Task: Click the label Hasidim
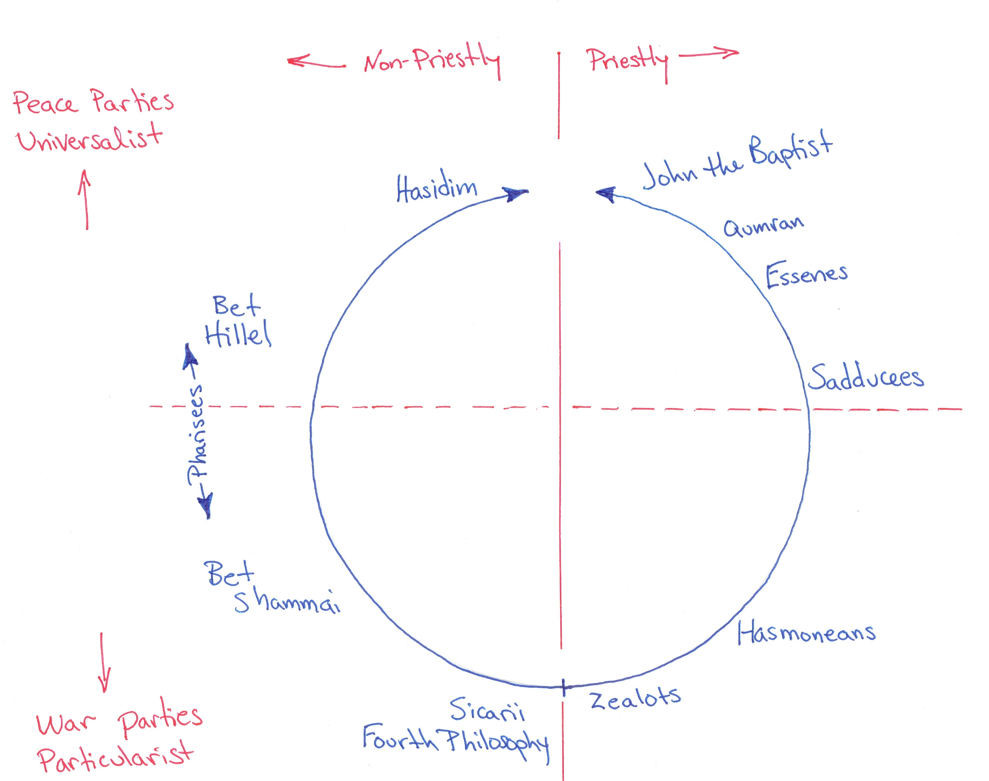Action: click(437, 188)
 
